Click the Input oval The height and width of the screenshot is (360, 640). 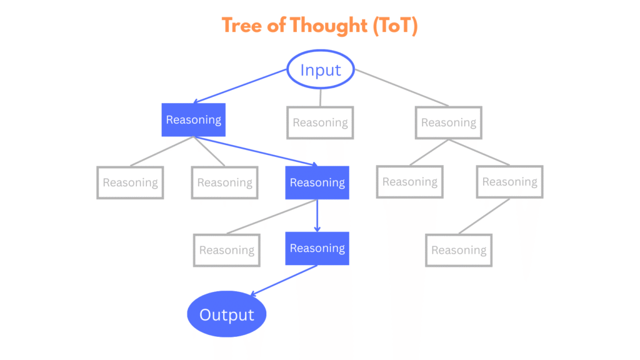tap(321, 69)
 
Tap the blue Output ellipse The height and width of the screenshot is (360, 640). tap(227, 314)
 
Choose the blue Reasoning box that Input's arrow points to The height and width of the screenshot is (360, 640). tap(193, 119)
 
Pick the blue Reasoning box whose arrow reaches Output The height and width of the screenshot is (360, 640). tap(317, 248)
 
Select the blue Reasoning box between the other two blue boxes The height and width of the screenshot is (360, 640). tap(317, 182)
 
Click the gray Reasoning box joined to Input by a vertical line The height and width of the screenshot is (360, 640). tap(320, 122)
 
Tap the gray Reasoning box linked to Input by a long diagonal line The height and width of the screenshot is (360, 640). tap(448, 122)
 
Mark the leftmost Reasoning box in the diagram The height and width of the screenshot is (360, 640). tap(130, 182)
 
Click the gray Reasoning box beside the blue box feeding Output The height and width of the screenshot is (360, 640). tap(226, 250)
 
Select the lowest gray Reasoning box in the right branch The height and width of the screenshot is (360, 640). tap(459, 250)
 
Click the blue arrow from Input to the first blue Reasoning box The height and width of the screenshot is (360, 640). tap(241, 86)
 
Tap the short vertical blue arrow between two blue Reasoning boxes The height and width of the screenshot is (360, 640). tap(317, 216)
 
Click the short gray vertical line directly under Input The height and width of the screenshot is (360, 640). tap(320, 97)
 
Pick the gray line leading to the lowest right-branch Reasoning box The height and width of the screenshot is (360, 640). tap(484, 216)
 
